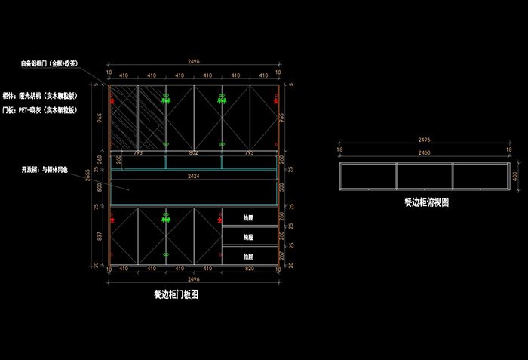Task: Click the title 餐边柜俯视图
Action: point(426,202)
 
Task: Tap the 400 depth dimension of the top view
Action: point(516,176)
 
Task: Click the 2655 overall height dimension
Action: point(88,176)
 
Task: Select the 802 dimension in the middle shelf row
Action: point(194,153)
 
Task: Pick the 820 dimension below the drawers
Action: point(249,269)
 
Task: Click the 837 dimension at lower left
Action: point(99,236)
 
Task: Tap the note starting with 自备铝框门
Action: point(51,64)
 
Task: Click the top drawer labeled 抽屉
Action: point(248,218)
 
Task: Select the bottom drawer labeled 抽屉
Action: point(248,257)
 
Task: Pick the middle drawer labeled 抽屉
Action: point(248,237)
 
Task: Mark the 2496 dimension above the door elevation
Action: point(194,62)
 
